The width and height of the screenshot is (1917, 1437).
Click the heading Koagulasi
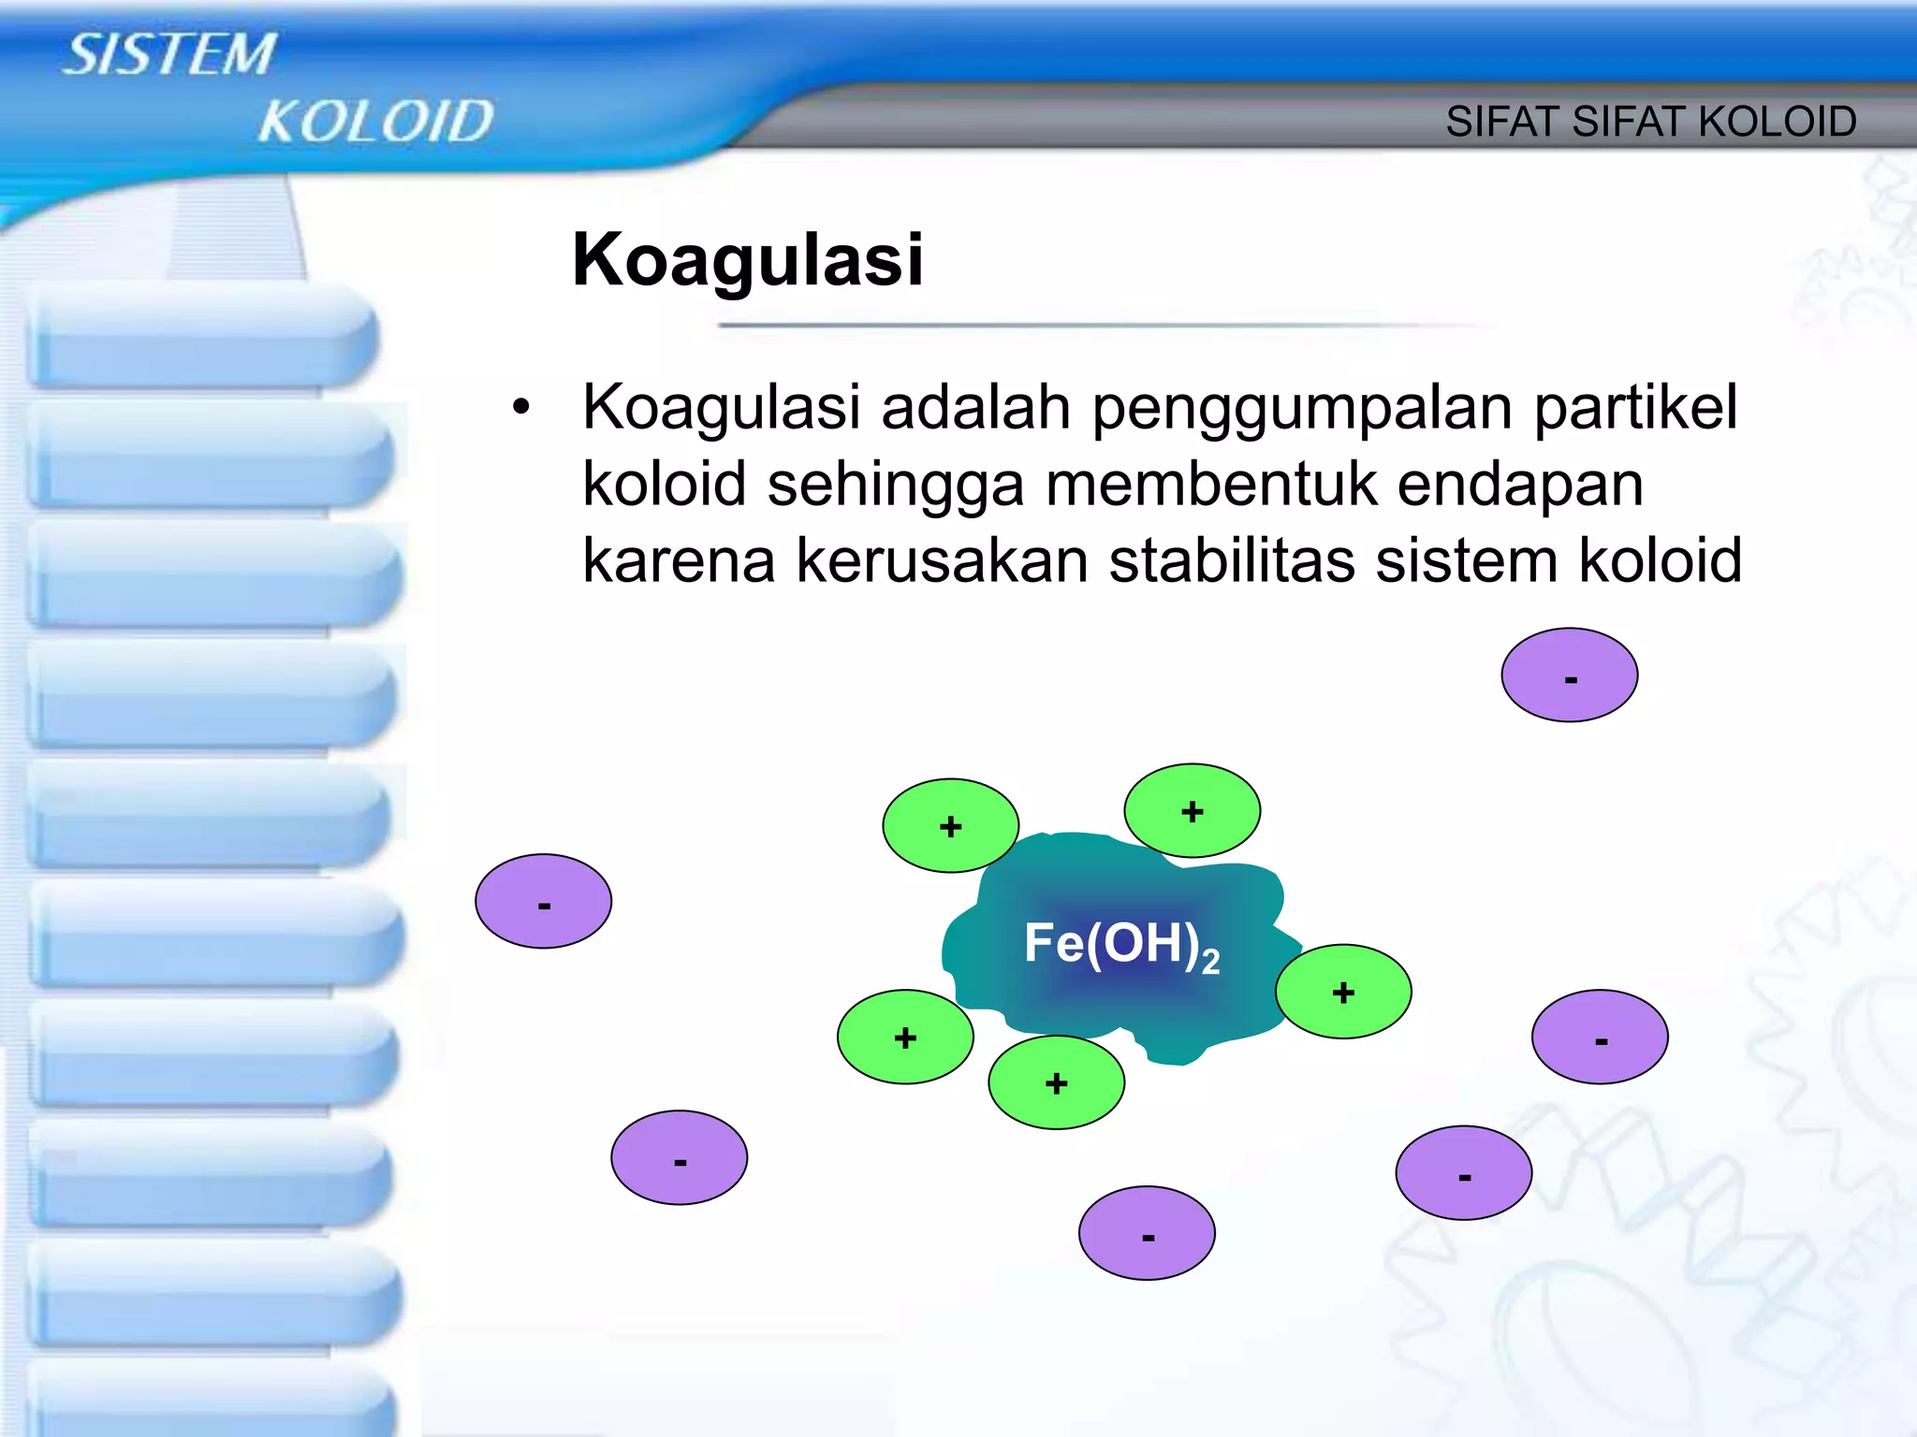pyautogui.click(x=747, y=260)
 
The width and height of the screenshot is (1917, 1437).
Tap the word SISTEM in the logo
pyautogui.click(x=170, y=54)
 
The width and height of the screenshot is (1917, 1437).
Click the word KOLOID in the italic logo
pyautogui.click(x=375, y=123)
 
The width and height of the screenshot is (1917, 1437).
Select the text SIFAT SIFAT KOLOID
pyautogui.click(x=1650, y=122)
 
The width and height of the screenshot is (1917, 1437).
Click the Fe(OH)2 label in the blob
pyautogui.click(x=1120, y=945)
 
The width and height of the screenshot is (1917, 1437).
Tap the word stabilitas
pyautogui.click(x=1233, y=561)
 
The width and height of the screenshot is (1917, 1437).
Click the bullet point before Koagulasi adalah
pyautogui.click(x=520, y=409)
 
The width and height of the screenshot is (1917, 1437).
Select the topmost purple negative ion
pyautogui.click(x=1569, y=675)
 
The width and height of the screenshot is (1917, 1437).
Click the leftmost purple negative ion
pyautogui.click(x=543, y=902)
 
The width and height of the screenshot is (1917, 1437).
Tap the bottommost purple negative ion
pyautogui.click(x=1147, y=1233)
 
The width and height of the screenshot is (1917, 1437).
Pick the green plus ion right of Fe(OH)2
pyautogui.click(x=1343, y=992)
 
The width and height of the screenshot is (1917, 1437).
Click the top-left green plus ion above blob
pyautogui.click(x=950, y=826)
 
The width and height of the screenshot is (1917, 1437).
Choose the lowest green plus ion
pyautogui.click(x=1056, y=1082)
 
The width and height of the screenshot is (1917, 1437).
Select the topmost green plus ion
pyautogui.click(x=1192, y=811)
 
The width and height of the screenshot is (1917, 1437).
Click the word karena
pyautogui.click(x=679, y=561)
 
